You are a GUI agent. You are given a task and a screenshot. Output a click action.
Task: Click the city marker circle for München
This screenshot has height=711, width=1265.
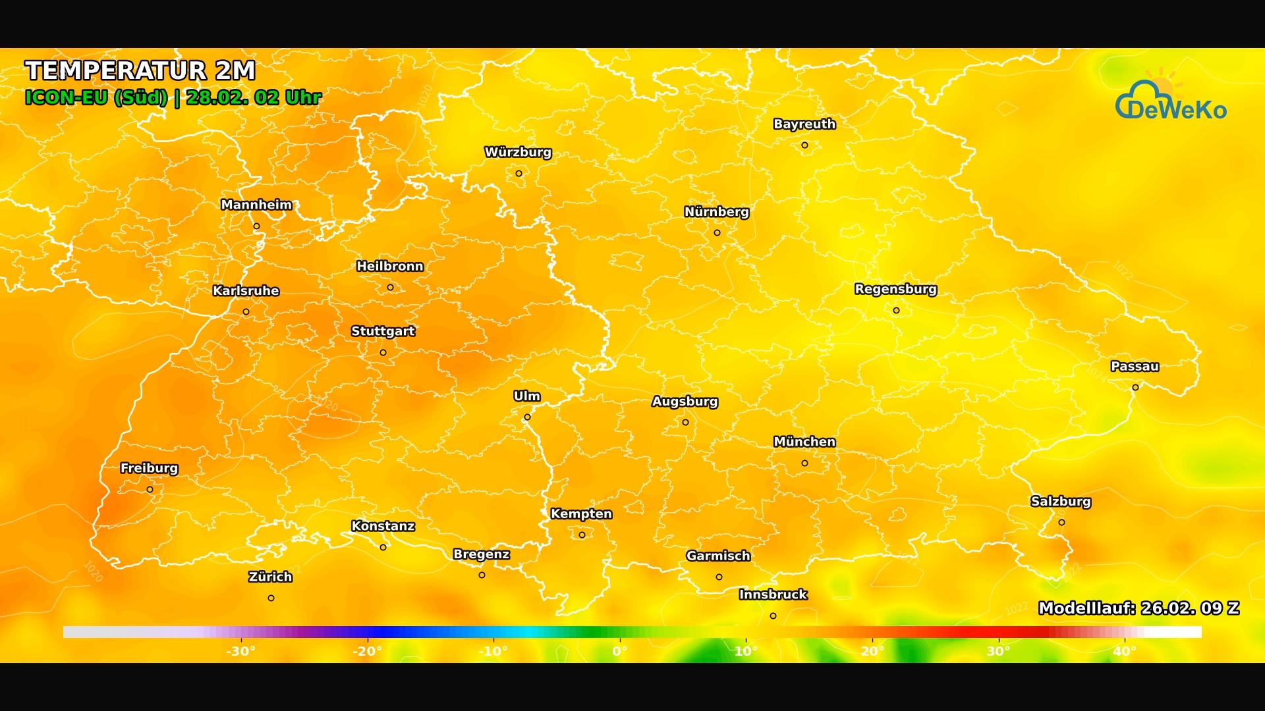tap(804, 463)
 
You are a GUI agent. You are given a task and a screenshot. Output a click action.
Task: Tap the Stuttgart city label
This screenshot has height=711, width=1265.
tap(383, 331)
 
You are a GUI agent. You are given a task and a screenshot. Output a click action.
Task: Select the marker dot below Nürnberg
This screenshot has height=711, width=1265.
tap(717, 233)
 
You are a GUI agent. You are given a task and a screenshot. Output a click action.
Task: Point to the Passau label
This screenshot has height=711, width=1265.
tap(1135, 367)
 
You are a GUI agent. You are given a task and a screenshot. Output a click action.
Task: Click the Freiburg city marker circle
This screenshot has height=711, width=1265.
tap(150, 490)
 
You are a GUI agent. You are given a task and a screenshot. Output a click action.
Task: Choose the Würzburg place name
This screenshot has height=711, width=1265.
tap(518, 152)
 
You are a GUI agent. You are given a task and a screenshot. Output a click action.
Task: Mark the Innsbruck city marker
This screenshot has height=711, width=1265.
tap(773, 616)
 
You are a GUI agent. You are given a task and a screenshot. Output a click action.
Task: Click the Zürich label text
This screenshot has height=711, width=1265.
tap(270, 577)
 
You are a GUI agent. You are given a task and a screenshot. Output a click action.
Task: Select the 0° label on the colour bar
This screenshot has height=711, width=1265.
tap(619, 651)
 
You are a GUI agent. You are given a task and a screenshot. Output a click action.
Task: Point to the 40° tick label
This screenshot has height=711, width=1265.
tap(1125, 651)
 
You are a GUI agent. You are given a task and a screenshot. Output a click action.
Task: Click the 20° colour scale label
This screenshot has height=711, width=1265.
tap(872, 651)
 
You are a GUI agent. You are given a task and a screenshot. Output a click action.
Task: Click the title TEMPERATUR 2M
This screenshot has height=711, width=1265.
tap(140, 70)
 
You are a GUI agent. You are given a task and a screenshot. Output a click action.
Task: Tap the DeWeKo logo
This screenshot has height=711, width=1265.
tap(1171, 101)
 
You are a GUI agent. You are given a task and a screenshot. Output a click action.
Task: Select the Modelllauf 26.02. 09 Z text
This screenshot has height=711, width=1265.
tap(1138, 608)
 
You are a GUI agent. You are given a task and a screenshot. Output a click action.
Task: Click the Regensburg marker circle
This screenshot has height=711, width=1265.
tap(896, 311)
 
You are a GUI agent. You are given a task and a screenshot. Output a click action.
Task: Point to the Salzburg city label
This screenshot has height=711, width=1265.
tap(1061, 502)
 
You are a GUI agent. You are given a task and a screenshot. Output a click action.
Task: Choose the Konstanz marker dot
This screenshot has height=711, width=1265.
tap(383, 548)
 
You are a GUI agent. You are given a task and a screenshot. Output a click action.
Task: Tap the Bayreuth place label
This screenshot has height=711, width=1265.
tap(804, 124)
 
